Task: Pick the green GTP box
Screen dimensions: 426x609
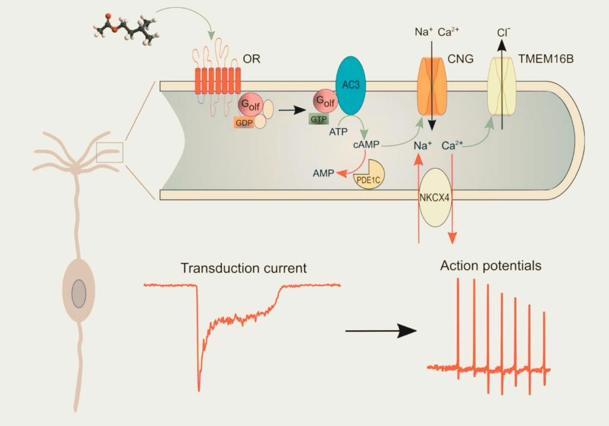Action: point(319,119)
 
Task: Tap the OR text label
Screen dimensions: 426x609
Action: point(252,60)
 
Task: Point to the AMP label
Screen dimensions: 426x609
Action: point(324,173)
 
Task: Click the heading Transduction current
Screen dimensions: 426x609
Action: point(244,268)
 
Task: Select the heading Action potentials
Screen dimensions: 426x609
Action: point(491,265)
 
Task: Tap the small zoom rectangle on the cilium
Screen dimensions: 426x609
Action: point(109,152)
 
